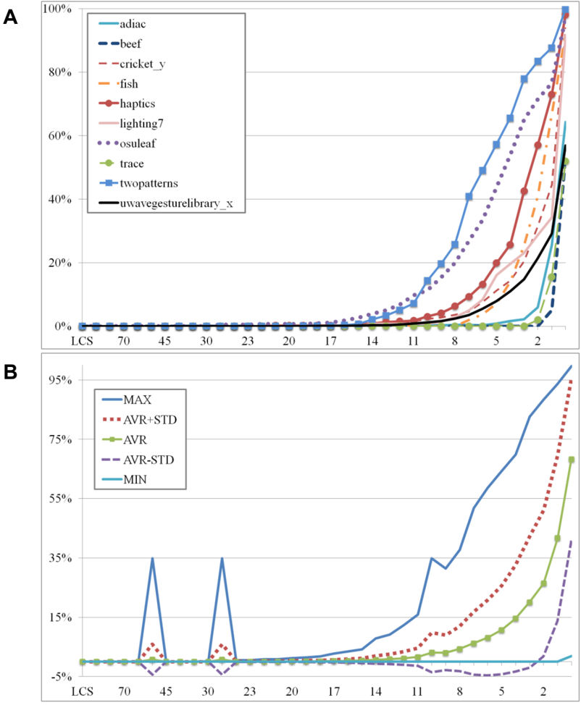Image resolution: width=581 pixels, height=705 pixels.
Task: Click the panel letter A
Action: [10, 17]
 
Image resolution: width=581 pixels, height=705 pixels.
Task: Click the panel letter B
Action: [10, 372]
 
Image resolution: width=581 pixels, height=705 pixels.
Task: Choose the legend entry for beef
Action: [120, 43]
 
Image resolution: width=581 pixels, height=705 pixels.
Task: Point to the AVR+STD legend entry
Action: [140, 420]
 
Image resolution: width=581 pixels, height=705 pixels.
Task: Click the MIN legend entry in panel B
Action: [125, 480]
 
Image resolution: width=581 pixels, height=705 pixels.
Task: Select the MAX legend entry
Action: [127, 400]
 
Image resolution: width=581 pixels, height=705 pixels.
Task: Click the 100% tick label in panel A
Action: [57, 9]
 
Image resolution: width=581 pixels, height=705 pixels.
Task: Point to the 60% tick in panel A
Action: [60, 136]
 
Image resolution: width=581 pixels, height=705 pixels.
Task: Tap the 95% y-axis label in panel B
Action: [61, 380]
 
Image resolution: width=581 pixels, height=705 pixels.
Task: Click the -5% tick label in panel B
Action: [61, 677]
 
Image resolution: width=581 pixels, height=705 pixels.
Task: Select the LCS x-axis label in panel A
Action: [82, 341]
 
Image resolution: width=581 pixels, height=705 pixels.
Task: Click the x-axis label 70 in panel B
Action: [124, 691]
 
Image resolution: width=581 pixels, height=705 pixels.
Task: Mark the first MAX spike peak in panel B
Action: [153, 558]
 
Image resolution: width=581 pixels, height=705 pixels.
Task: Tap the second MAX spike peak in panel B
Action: [222, 558]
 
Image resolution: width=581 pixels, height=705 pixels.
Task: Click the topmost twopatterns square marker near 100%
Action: [565, 10]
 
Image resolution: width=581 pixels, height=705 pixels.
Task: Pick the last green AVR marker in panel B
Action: [572, 460]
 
